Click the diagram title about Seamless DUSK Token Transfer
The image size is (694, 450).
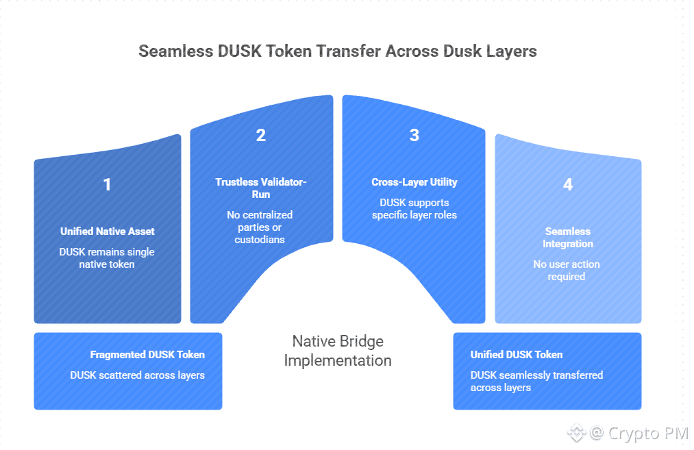338,51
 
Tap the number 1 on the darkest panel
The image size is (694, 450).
107,184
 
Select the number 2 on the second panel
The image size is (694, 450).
261,135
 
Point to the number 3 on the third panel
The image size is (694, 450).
414,135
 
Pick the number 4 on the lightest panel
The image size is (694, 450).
567,184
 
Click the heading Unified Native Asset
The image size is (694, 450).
107,232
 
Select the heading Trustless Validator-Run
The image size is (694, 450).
261,188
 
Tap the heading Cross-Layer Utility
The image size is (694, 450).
414,182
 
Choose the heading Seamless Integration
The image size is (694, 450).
567,238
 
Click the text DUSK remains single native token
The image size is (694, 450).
107,258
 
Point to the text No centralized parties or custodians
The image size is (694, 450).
261,227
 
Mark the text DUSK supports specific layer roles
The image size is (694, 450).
414,209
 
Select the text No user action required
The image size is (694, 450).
567,271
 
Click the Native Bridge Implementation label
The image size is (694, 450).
338,351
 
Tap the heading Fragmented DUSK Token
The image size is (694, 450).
147,355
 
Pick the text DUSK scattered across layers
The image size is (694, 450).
137,375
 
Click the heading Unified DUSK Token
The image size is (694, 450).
517,355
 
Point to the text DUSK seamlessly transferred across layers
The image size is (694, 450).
536,382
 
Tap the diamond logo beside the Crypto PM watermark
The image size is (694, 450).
576,433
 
